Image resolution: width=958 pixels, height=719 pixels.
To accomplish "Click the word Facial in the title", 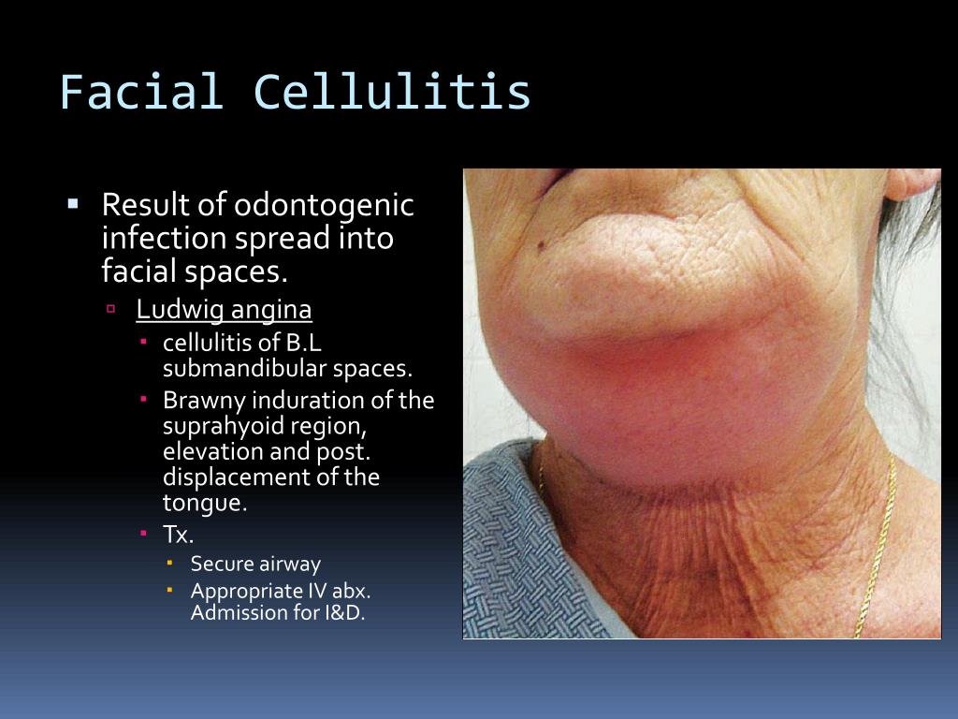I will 141,93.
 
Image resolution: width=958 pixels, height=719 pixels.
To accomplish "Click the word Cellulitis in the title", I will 392,93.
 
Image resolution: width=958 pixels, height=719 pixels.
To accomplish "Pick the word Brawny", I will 196,401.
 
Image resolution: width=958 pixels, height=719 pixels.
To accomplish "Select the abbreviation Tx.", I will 178,536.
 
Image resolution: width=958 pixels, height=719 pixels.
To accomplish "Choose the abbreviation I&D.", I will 341,615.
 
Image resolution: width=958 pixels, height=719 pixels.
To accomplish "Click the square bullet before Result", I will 74,202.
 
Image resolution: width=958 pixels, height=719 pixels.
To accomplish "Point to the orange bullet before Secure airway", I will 169,563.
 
